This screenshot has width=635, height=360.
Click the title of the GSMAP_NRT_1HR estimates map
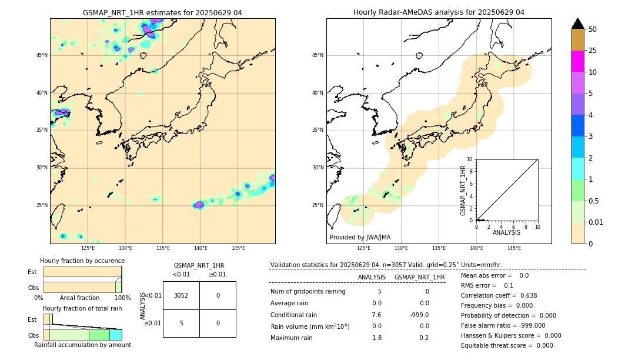coord(162,12)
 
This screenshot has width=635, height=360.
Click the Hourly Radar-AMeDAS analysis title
coord(439,12)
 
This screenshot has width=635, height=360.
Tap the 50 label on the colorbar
coord(593,29)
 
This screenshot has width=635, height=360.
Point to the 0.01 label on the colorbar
coord(596,222)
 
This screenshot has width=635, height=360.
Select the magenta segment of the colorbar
coord(577,61)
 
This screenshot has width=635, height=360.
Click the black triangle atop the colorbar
coord(577,24)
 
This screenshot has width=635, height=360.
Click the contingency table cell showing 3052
coord(181,295)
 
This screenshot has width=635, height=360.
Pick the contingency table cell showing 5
coord(181,323)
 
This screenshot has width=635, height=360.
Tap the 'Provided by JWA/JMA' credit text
coord(360,237)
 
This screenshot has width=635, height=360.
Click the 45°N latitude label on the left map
coord(42,55)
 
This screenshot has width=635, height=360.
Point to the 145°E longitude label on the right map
coord(514,248)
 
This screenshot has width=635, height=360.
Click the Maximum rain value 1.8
coord(377,338)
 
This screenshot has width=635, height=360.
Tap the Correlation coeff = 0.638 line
coord(499,295)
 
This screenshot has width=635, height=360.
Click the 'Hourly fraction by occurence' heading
coord(82,261)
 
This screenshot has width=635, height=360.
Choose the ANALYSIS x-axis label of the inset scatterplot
coord(506,232)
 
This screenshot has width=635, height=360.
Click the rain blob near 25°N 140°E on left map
coord(199,205)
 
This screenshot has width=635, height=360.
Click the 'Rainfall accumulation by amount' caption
coord(82,345)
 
